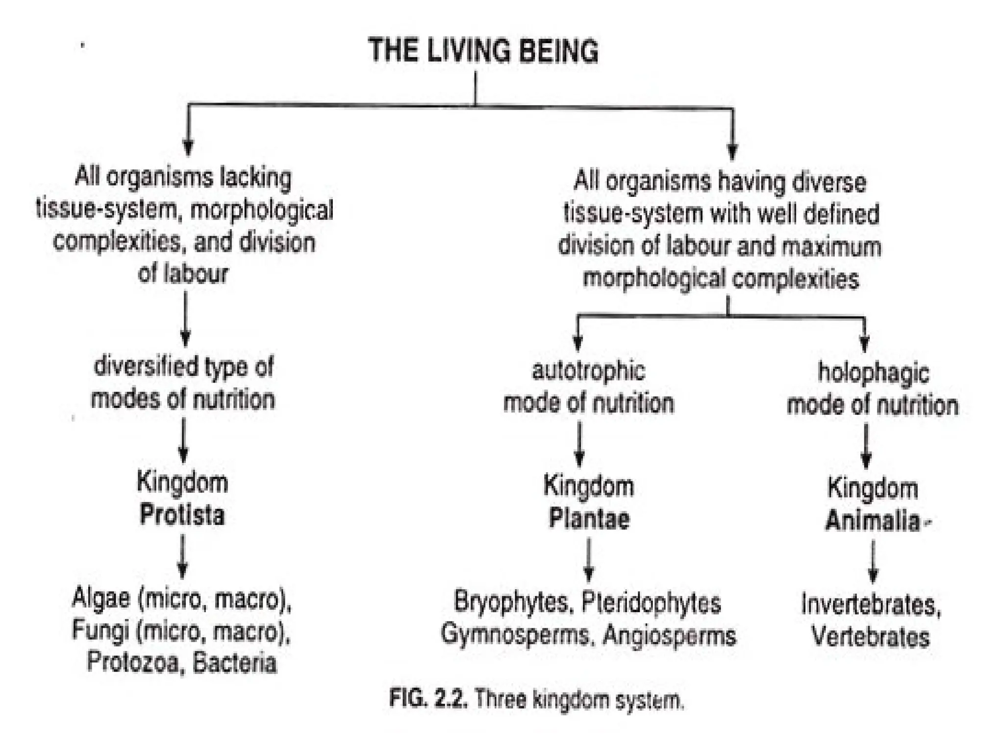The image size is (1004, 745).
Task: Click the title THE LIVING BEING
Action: (x=483, y=51)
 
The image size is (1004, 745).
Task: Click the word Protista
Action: (x=182, y=515)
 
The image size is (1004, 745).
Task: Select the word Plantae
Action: (x=589, y=519)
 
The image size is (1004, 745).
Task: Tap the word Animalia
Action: (x=873, y=521)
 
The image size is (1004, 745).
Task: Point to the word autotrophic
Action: (x=589, y=371)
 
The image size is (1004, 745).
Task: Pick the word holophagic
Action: (x=873, y=373)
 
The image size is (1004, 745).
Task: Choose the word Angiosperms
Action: (x=670, y=635)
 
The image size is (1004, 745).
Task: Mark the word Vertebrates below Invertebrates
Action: (x=871, y=637)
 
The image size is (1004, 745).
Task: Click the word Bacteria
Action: (x=235, y=664)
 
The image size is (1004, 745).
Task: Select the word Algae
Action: (x=101, y=598)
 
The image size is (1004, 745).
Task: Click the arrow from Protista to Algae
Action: (x=182, y=556)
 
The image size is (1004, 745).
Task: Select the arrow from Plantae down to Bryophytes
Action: (x=589, y=560)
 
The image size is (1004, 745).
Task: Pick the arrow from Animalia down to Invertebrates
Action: (x=873, y=561)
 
